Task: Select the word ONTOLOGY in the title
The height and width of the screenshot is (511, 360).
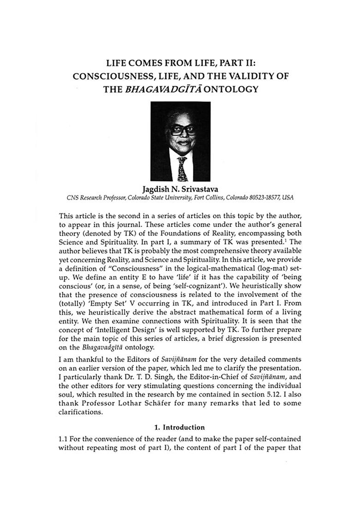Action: [232, 89]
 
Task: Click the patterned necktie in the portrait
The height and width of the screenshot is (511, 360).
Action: [182, 168]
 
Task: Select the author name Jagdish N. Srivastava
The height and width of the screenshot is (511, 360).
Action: [180, 190]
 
